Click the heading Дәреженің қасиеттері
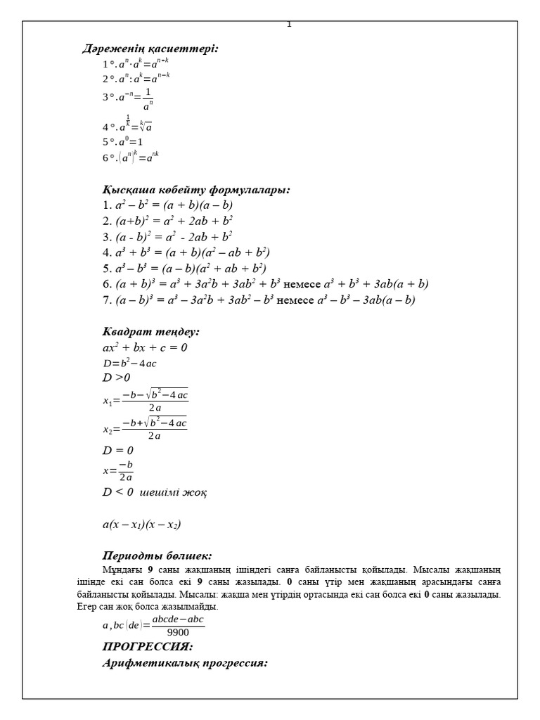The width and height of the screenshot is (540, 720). [150, 49]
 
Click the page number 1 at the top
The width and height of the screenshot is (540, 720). [289, 25]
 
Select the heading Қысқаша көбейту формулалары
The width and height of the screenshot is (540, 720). [196, 190]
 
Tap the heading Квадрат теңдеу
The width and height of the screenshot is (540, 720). [151, 332]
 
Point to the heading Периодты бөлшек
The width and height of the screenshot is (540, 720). [157, 555]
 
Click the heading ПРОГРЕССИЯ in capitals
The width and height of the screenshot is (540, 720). [148, 647]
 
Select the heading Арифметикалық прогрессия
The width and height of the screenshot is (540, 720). [185, 663]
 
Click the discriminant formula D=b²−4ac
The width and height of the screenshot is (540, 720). [129, 363]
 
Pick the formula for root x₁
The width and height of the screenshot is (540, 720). [146, 401]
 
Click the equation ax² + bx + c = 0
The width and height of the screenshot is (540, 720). [145, 347]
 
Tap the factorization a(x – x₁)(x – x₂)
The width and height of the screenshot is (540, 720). [142, 524]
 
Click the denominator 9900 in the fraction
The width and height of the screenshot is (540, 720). [178, 632]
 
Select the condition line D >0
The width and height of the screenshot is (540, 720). [116, 378]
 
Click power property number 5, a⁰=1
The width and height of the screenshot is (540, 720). [123, 141]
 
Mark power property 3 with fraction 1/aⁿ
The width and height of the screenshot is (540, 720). [128, 100]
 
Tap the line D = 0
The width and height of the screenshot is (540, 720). [117, 450]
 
